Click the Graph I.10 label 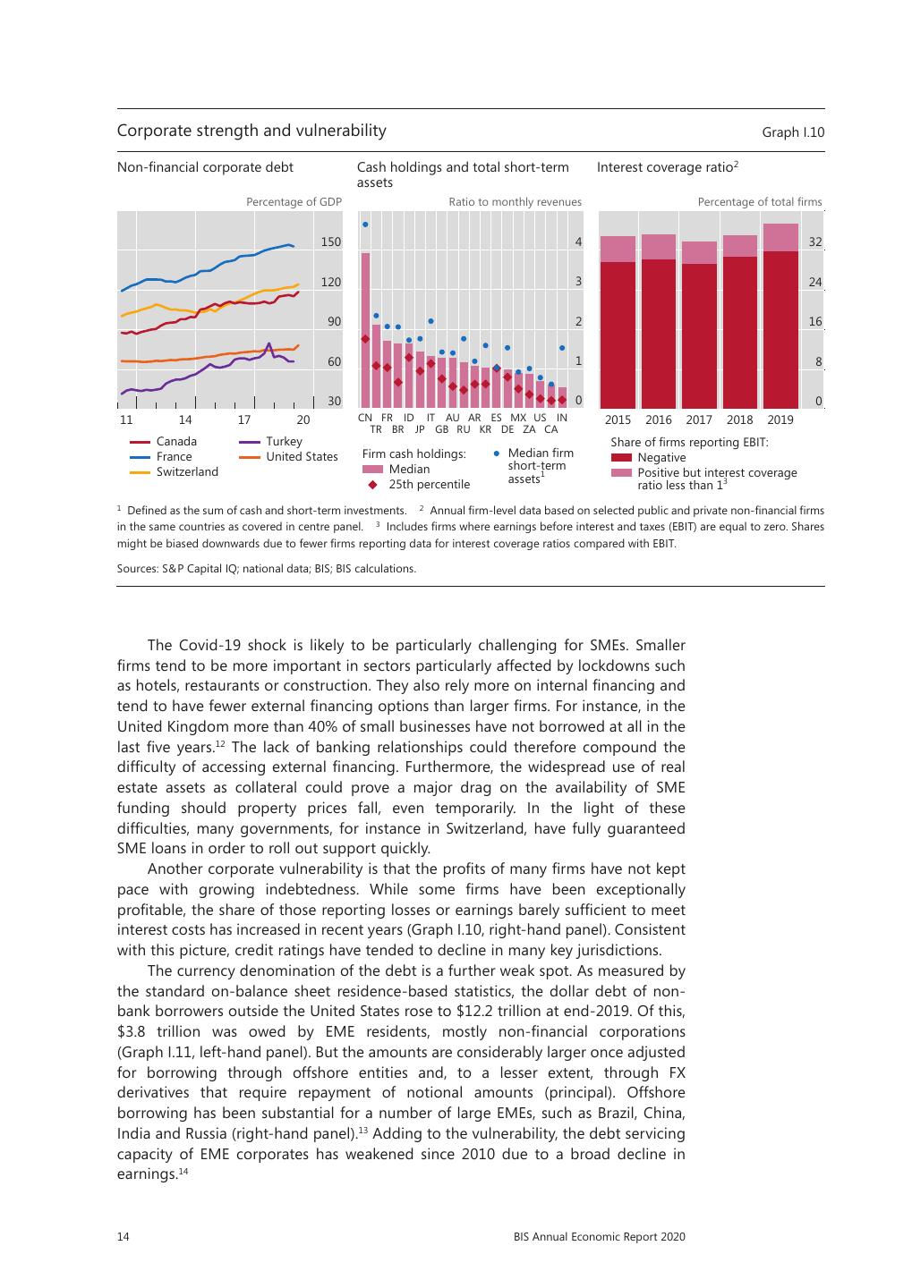pos(793,132)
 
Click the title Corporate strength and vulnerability pos(251,131)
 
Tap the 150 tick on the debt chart pos(331,241)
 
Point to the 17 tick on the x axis pos(244,419)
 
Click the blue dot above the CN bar pos(365,225)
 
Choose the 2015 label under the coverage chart pos(618,419)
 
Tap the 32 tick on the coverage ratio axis pos(815,241)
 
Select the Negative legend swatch pos(621,457)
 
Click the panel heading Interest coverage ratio pos(667,166)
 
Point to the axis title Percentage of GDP pos(294,202)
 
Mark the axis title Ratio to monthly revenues pos(515,202)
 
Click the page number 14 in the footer pos(124,1236)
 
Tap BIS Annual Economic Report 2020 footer pos(599,1236)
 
